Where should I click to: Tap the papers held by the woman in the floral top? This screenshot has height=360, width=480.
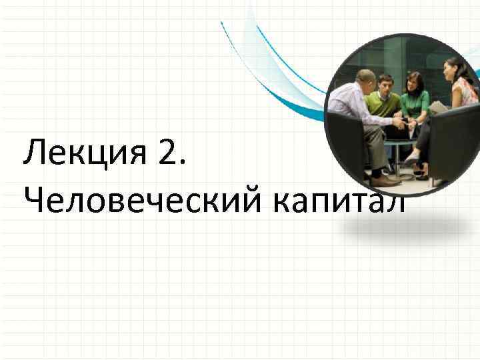pos(437,107)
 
